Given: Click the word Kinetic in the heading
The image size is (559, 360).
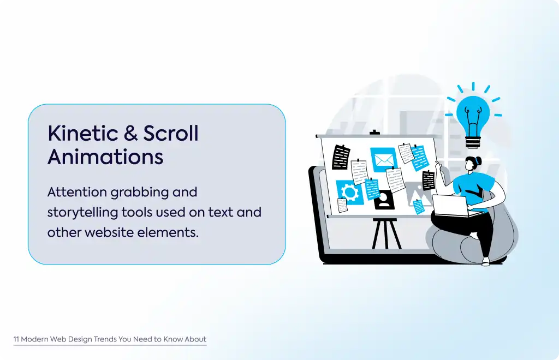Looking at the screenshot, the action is tap(83, 133).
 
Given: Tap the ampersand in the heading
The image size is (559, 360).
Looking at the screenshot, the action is tap(131, 133).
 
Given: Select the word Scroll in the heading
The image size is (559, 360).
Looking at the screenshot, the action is tap(171, 133).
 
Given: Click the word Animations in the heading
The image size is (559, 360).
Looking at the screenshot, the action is tap(105, 157).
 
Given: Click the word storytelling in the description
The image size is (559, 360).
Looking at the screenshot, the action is tap(83, 213).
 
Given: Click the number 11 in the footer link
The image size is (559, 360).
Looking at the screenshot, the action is tap(16, 339).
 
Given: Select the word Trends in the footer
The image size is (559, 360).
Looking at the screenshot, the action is tap(105, 339).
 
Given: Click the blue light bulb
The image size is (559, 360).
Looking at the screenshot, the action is tap(473, 116).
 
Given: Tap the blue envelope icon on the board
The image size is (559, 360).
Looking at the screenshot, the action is tap(384, 160).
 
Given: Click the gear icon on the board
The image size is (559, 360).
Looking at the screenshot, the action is tap(350, 193).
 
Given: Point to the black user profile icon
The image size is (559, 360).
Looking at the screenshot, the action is tap(384, 200).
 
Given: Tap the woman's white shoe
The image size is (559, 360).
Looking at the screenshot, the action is tap(485, 262).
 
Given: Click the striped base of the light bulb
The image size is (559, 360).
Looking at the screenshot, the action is tap(473, 142).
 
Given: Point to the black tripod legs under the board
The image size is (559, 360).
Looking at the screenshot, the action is tap(386, 233).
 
